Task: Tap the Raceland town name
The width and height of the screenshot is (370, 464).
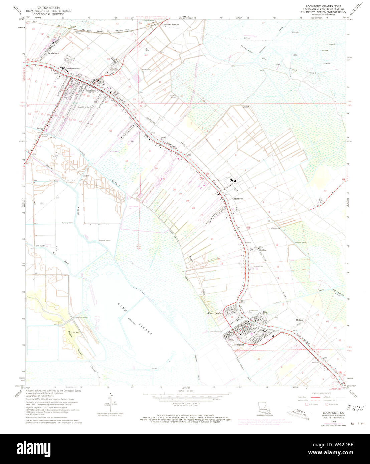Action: click(x=90, y=90)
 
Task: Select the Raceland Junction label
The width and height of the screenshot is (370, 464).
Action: click(x=171, y=25)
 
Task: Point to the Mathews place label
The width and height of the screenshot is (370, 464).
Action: click(x=238, y=199)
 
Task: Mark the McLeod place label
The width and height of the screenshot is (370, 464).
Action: click(x=299, y=320)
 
